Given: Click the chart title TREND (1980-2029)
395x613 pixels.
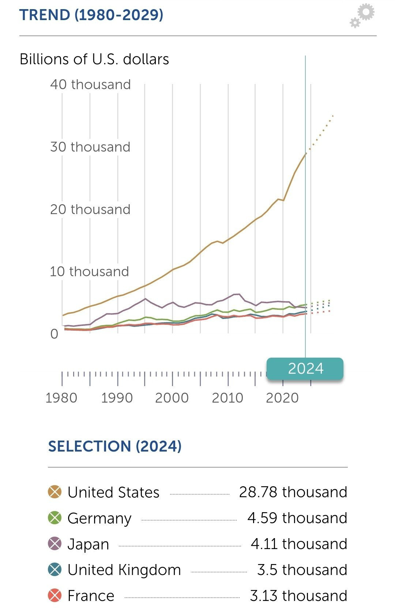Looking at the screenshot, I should click(x=91, y=15).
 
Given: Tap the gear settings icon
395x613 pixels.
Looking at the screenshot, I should click(x=362, y=15).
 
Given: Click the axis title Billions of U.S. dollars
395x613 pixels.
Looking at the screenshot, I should click(x=94, y=59).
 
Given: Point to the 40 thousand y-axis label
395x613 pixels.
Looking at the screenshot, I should click(x=90, y=84).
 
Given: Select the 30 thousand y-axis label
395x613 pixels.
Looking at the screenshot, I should click(x=90, y=147).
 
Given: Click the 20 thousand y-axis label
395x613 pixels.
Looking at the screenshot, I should click(x=90, y=209).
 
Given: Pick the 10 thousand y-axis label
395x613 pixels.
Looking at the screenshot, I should click(x=90, y=271).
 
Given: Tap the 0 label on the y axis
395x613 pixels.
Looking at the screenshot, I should click(x=54, y=334).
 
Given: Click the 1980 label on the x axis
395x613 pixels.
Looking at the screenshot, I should click(x=61, y=398).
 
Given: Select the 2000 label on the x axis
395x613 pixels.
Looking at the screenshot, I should click(x=172, y=398).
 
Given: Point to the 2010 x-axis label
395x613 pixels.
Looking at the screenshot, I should click(x=227, y=398).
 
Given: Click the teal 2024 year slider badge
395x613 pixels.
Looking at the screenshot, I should click(x=305, y=369).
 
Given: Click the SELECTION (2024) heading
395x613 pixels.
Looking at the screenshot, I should click(x=115, y=446).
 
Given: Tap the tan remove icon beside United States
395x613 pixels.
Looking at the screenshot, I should click(x=55, y=492).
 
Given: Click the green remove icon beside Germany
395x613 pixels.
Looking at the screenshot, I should click(x=55, y=518).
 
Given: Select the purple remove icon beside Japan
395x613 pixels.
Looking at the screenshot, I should click(x=55, y=544).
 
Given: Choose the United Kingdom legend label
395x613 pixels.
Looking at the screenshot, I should click(x=124, y=570).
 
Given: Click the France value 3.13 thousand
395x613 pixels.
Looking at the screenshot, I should click(x=298, y=596).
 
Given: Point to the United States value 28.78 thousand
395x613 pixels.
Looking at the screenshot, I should click(x=293, y=492).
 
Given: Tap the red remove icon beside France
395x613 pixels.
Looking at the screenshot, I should click(x=55, y=595).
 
